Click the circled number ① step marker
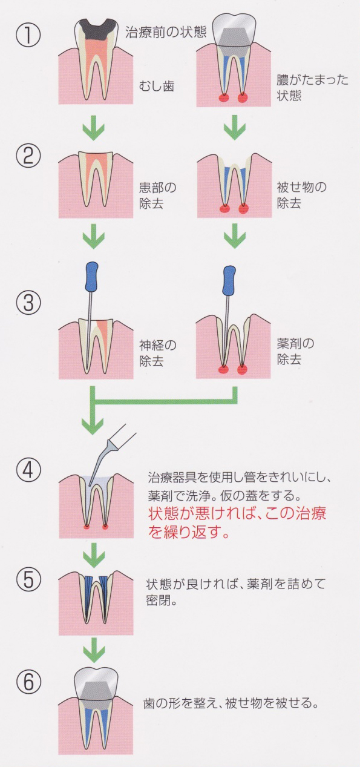[28, 35]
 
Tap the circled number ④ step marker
[28, 471]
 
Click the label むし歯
[156, 85]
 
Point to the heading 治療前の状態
[166, 31]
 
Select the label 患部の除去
[157, 196]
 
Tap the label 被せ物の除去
[301, 195]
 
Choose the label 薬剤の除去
[295, 351]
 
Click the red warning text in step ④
[237, 524]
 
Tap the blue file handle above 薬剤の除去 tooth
[229, 275]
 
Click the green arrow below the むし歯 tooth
[93, 127]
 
